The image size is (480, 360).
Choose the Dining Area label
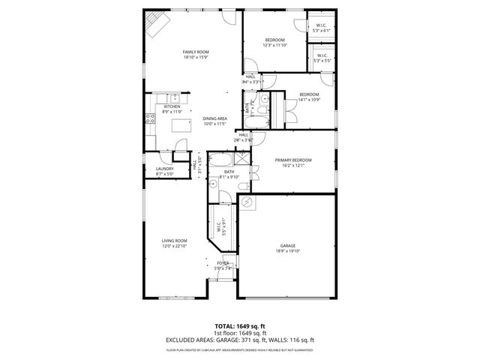tap(214, 121)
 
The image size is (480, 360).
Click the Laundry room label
tap(165, 170)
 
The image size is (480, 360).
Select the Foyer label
tap(223, 265)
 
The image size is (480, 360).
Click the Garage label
tap(288, 247)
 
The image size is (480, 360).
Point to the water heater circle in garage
tap(247, 202)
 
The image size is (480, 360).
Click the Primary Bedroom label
tap(292, 162)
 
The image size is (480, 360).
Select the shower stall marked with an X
tap(241, 158)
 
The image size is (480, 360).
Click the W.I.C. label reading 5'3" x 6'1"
tap(321, 28)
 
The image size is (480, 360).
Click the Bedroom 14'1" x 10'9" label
tap(309, 97)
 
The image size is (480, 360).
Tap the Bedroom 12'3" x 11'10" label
tap(274, 42)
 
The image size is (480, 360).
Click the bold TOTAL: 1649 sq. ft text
tap(239, 327)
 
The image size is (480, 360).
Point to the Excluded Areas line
tap(239, 340)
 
